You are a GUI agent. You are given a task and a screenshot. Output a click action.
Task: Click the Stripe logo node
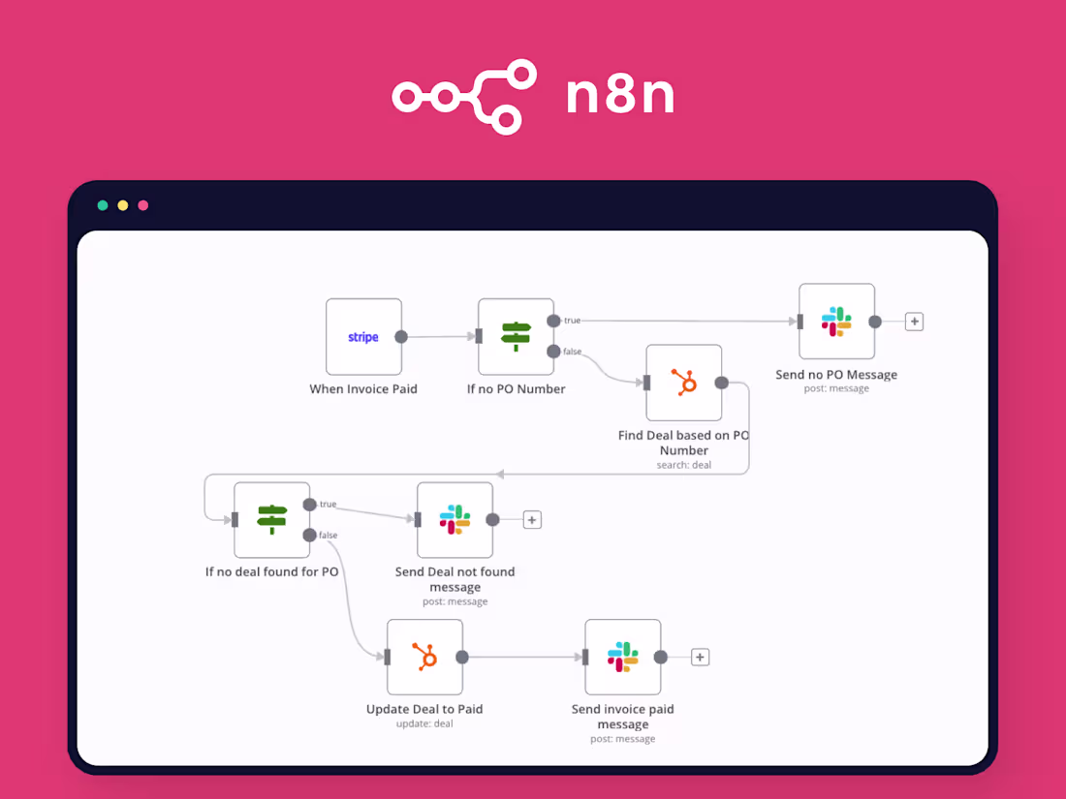(x=363, y=337)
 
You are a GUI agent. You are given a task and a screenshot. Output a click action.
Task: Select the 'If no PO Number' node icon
(x=516, y=336)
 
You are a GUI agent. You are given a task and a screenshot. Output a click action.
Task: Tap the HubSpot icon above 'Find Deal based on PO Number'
(x=684, y=382)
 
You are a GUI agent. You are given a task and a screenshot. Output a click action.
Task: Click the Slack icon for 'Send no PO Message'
(x=836, y=322)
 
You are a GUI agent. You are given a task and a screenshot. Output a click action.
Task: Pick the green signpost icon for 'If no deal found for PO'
(x=272, y=520)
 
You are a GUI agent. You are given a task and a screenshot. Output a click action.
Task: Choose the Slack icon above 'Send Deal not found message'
(x=455, y=520)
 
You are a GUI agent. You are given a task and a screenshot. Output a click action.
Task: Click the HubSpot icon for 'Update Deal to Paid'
(x=424, y=657)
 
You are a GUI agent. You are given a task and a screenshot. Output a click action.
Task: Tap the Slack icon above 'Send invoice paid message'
(x=623, y=657)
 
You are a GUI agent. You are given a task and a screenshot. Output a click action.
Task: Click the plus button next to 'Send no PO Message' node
(x=915, y=322)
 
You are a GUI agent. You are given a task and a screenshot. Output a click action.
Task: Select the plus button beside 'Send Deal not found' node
(x=532, y=520)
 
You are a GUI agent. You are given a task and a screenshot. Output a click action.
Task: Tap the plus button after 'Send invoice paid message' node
(x=701, y=657)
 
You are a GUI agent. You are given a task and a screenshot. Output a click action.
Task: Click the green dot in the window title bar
(x=103, y=205)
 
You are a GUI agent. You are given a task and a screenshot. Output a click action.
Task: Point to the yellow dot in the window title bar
(x=123, y=205)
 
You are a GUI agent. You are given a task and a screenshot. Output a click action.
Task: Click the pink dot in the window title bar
(x=142, y=205)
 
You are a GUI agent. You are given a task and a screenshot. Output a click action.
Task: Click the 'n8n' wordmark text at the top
(x=620, y=95)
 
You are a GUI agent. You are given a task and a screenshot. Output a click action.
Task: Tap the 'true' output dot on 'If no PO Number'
(x=553, y=321)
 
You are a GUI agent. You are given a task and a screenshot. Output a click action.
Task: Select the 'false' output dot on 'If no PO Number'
(x=553, y=352)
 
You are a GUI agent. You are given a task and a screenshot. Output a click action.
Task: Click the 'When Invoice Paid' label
(x=363, y=389)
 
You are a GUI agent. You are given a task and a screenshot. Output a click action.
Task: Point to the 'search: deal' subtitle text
(x=684, y=466)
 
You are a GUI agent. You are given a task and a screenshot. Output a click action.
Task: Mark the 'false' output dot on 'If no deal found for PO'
(x=309, y=535)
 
